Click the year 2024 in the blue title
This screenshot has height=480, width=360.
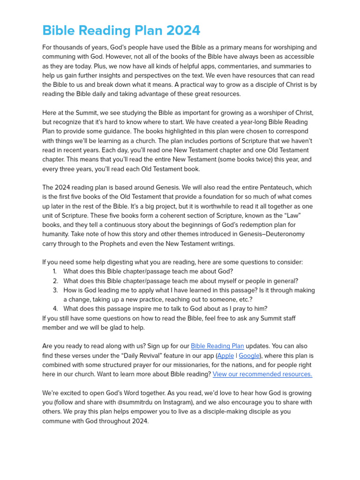pos(180,30)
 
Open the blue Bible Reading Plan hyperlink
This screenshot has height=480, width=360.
pos(217,346)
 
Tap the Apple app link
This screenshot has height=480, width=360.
pos(226,356)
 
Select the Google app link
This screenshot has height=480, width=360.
pos(249,356)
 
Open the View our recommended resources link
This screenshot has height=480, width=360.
pos(262,374)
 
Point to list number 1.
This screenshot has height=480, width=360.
pos(54,271)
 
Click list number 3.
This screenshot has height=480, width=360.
pos(55,290)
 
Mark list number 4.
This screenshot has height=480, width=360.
pos(55,308)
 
